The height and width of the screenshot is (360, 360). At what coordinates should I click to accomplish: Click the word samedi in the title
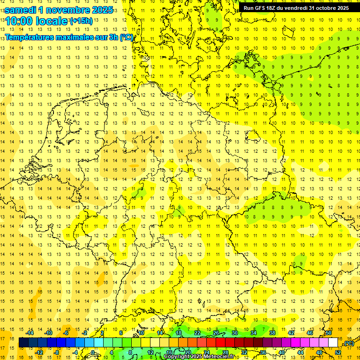point(23,9)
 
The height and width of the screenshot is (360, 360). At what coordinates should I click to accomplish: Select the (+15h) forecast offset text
point(81,21)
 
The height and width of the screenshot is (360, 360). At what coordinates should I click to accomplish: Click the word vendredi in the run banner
point(293,8)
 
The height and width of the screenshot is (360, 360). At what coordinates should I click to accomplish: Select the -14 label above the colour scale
point(30,333)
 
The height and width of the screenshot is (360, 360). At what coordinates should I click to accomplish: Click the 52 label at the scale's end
point(337,352)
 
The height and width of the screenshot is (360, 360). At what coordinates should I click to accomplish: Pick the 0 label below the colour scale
point(93,352)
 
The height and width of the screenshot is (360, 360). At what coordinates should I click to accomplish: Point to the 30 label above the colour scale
point(234,333)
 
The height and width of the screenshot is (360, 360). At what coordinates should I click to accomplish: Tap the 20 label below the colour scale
point(187,352)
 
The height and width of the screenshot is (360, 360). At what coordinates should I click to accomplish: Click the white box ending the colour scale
point(333,343)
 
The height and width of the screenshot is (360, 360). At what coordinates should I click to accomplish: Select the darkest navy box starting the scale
point(23,343)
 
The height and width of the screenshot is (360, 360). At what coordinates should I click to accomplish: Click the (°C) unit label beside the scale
point(348,343)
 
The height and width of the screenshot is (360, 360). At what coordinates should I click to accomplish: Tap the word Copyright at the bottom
point(177,357)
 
